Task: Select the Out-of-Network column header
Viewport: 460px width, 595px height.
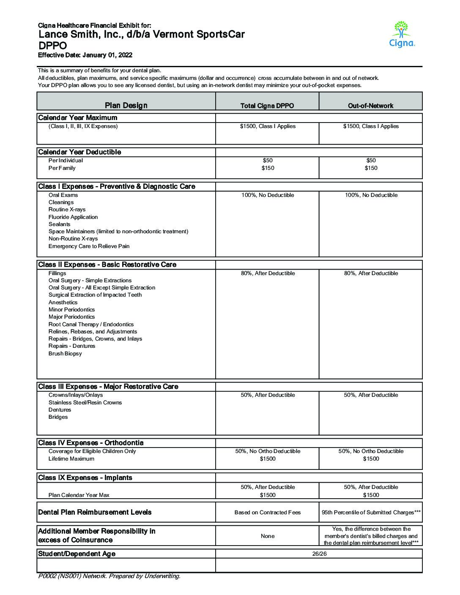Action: (x=370, y=106)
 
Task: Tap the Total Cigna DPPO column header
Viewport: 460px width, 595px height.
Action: (x=267, y=106)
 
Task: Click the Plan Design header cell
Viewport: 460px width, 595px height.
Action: (x=126, y=105)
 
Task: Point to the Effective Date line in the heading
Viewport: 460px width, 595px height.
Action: (x=85, y=55)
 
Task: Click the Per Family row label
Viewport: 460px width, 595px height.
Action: (x=62, y=168)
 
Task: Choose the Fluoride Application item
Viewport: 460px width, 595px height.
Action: (x=73, y=217)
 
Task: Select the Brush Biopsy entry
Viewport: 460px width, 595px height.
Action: (x=65, y=354)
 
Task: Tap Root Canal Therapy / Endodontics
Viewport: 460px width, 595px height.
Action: (x=91, y=325)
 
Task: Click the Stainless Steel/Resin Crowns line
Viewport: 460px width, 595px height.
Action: (x=85, y=403)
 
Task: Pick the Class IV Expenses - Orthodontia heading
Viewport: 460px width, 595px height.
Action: (x=90, y=443)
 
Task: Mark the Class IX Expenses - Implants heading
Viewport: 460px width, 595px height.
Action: (x=85, y=478)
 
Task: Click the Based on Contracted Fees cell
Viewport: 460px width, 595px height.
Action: (x=267, y=513)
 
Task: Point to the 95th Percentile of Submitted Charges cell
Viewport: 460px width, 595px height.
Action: (x=371, y=513)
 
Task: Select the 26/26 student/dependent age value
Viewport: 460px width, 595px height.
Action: (x=318, y=554)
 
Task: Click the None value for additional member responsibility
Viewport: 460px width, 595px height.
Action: (x=267, y=536)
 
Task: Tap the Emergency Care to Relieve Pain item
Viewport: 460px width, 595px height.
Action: (x=89, y=246)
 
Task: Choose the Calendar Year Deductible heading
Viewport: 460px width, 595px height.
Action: (x=79, y=152)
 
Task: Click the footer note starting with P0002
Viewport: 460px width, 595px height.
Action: (x=109, y=576)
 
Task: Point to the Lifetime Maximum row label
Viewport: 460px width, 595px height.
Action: (x=71, y=459)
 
